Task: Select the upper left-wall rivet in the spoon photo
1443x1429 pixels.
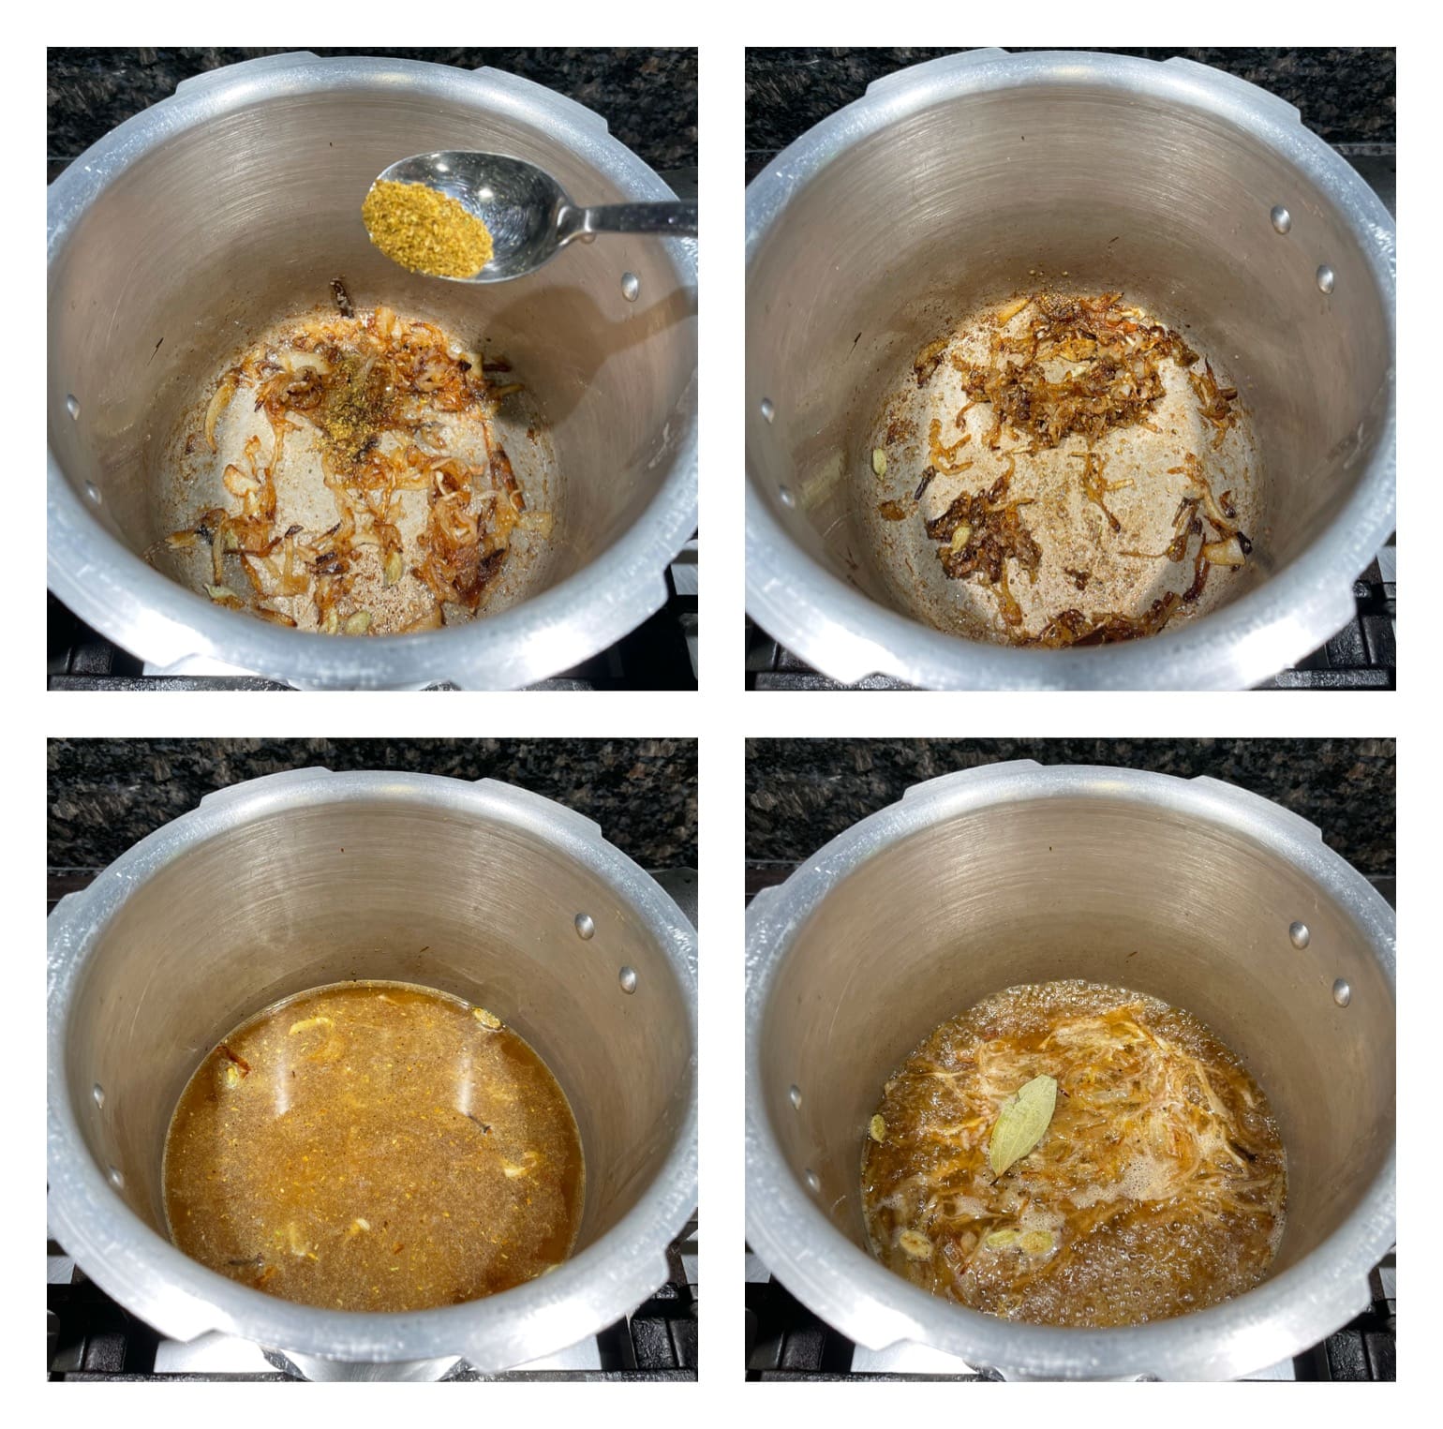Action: coord(74,406)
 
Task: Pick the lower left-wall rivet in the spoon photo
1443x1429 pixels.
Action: coord(91,490)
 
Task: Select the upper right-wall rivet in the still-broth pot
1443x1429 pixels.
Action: coord(585,926)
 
